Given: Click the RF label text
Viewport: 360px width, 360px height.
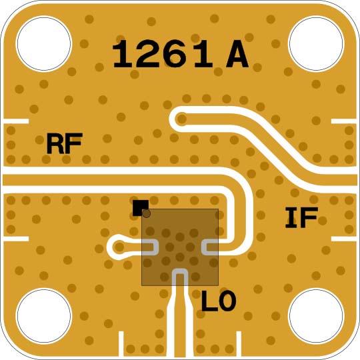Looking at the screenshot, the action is (64, 143).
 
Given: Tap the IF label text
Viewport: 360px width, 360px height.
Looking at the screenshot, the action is (301, 217).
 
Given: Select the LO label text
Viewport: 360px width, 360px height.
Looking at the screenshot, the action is (219, 301).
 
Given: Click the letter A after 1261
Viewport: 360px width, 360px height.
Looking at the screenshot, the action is (237, 54).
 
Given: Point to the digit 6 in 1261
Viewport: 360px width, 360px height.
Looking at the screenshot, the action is (175, 54).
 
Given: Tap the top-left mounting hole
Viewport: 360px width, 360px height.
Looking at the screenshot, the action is (44, 43).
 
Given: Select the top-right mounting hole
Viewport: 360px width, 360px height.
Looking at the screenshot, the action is (316, 43).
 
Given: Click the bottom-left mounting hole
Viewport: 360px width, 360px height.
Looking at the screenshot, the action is (44, 316).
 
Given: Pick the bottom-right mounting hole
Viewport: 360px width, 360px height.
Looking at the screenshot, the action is (316, 316).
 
